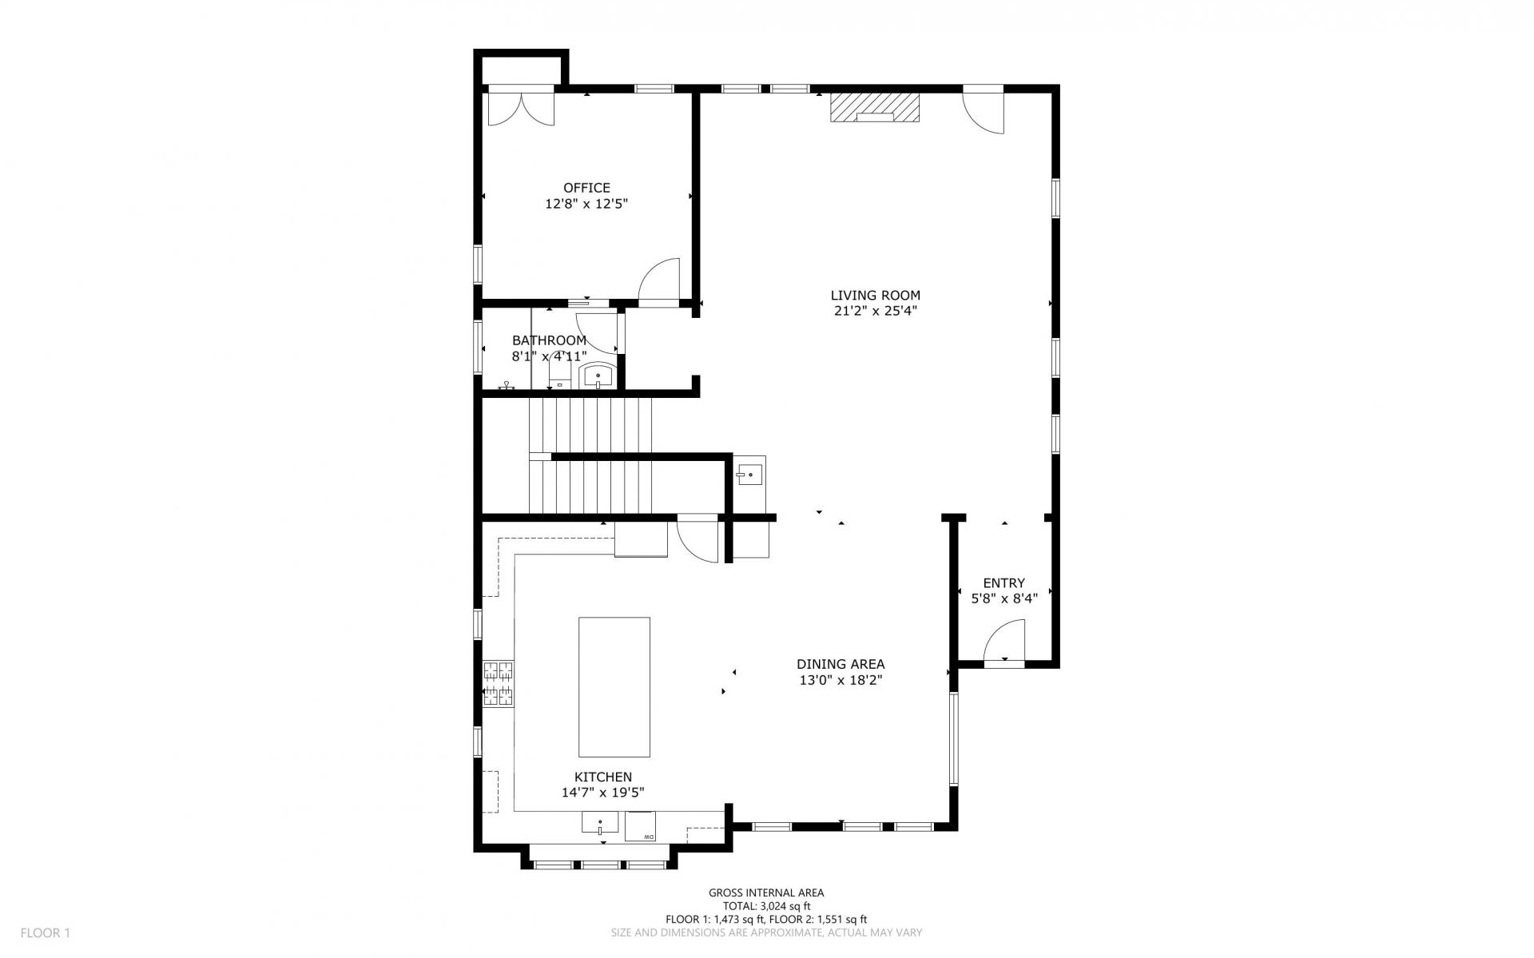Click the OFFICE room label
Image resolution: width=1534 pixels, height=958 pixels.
pyautogui.click(x=586, y=188)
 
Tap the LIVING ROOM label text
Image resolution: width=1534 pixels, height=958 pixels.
pyautogui.click(x=875, y=296)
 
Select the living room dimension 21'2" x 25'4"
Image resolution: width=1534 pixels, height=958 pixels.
pyautogui.click(x=875, y=312)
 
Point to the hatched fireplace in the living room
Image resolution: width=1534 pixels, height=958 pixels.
pyautogui.click(x=874, y=107)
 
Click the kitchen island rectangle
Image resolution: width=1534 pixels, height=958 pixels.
pyautogui.click(x=614, y=686)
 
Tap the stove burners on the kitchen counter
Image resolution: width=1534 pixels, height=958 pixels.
pyautogui.click(x=498, y=683)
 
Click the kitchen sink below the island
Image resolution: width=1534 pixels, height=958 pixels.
pyautogui.click(x=600, y=824)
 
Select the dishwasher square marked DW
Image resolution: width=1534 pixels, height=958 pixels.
pyautogui.click(x=641, y=826)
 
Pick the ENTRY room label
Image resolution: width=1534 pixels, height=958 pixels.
pyautogui.click(x=1003, y=583)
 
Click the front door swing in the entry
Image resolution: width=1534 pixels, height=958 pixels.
pyautogui.click(x=1003, y=642)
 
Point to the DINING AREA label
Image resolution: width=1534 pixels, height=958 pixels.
pyautogui.click(x=841, y=664)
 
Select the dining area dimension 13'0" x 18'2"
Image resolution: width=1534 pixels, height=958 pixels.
pyautogui.click(x=841, y=681)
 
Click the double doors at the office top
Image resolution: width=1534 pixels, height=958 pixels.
pyautogui.click(x=520, y=109)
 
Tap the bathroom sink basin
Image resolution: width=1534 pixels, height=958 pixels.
pyautogui.click(x=598, y=375)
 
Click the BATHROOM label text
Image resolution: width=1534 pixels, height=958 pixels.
pyautogui.click(x=549, y=340)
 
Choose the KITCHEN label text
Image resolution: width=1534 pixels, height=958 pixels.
pyautogui.click(x=603, y=777)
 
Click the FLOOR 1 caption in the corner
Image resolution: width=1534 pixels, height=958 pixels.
pyautogui.click(x=46, y=932)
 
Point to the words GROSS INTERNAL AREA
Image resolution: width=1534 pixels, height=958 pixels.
pyautogui.click(x=766, y=893)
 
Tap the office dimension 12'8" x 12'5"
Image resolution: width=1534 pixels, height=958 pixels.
pyautogui.click(x=586, y=204)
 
